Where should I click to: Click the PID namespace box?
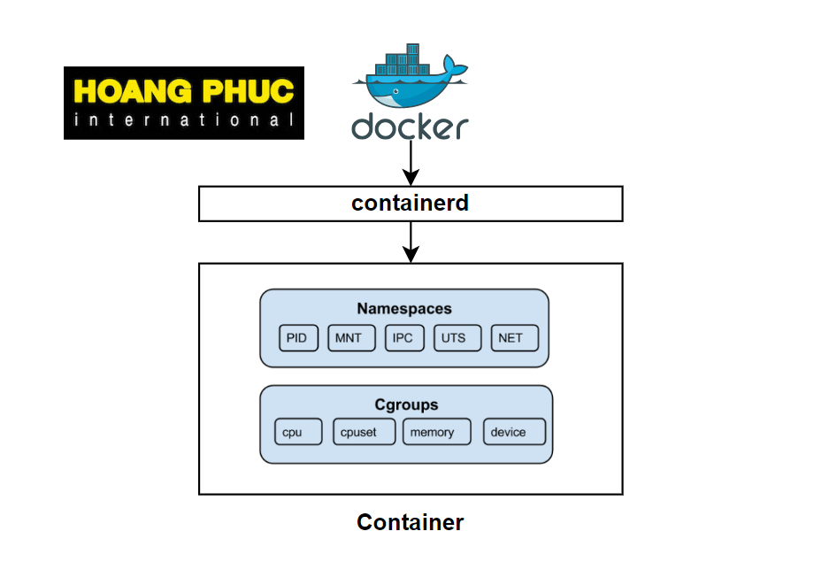[297, 338]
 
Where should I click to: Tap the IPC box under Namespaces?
[403, 338]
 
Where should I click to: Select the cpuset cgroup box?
[365, 432]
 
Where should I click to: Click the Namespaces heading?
[404, 309]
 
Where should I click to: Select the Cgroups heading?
[406, 405]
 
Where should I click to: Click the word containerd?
[410, 204]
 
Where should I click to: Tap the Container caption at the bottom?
[410, 522]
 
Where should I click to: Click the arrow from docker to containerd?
[410, 163]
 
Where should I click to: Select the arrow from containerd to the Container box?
[410, 241]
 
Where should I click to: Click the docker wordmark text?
[409, 126]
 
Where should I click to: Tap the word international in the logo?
[184, 120]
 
